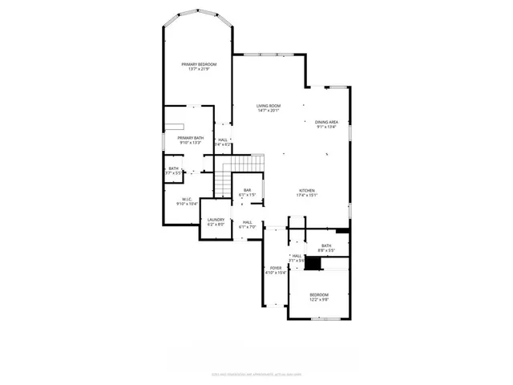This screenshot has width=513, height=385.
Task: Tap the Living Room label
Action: pyautogui.click(x=269, y=106)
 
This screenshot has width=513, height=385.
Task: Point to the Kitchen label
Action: pyautogui.click(x=308, y=190)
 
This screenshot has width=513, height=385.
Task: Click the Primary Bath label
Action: pyautogui.click(x=191, y=138)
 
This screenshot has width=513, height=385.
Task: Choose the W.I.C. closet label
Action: pyautogui.click(x=186, y=199)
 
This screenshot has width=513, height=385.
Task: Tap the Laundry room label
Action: pyautogui.click(x=216, y=220)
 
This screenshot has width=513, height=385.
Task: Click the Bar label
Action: pyautogui.click(x=248, y=190)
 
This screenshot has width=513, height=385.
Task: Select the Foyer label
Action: pyautogui.click(x=276, y=268)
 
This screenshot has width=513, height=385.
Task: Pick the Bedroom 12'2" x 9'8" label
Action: pyautogui.click(x=319, y=295)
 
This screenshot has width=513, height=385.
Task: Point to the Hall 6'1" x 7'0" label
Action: pyautogui.click(x=248, y=222)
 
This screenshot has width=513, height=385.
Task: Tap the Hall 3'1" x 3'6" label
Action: pyautogui.click(x=297, y=256)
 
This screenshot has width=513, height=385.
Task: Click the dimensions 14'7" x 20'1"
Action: pyautogui.click(x=269, y=111)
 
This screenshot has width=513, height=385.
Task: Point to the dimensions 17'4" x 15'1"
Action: pyautogui.click(x=308, y=195)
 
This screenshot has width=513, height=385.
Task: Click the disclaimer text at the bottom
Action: pyautogui.click(x=256, y=372)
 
